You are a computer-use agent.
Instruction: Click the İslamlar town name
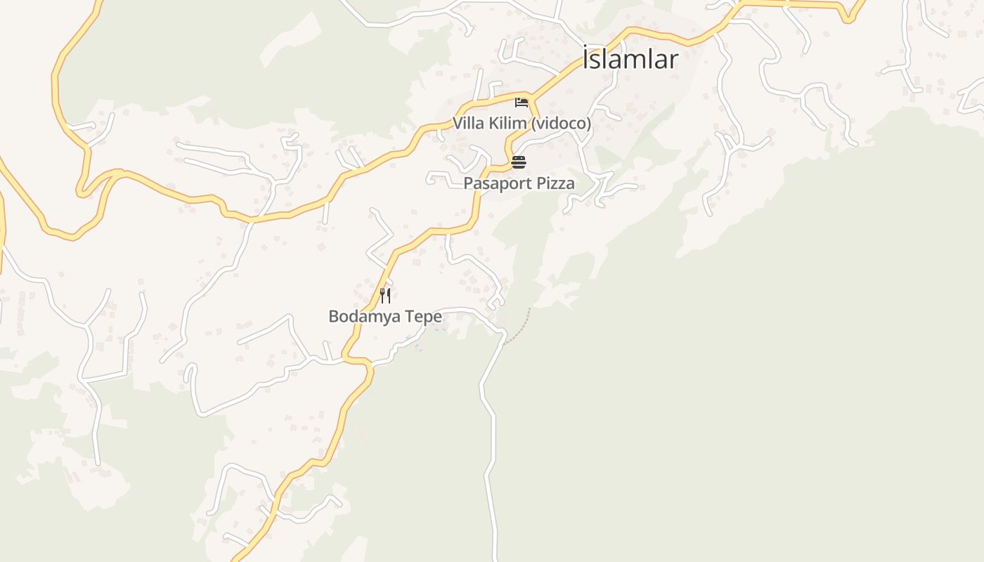(630, 59)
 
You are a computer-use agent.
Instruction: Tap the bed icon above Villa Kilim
(522, 103)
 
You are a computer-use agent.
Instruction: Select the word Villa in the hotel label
(467, 124)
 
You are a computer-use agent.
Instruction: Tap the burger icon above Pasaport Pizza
(519, 162)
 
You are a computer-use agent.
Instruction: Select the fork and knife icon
(384, 295)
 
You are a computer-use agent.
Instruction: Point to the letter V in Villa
(458, 124)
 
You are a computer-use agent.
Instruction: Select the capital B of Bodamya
(333, 317)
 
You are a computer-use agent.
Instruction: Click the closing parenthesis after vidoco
(589, 124)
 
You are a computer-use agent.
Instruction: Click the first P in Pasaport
(468, 183)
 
